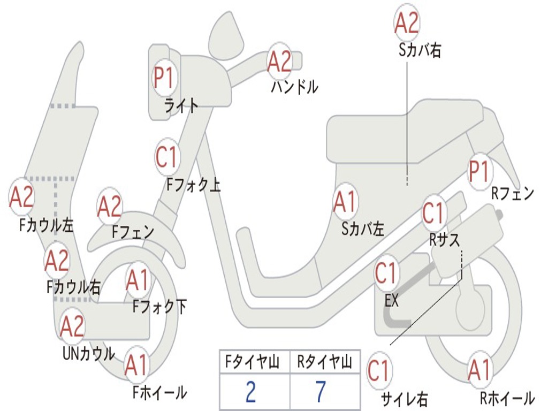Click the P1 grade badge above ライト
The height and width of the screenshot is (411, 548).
(164, 78)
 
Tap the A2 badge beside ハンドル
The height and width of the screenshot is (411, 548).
(279, 61)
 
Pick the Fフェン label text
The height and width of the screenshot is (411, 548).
(133, 232)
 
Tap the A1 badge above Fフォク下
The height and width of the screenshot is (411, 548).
(138, 280)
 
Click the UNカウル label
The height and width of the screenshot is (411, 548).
(88, 354)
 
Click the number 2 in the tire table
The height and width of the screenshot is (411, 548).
(250, 392)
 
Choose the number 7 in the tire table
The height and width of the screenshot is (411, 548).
(320, 392)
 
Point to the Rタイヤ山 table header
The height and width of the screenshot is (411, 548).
(324, 363)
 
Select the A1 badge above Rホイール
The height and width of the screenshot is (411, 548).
(479, 370)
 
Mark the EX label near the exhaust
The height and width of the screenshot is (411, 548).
(392, 301)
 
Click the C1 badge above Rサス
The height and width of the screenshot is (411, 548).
(433, 214)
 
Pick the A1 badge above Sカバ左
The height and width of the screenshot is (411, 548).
(345, 202)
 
